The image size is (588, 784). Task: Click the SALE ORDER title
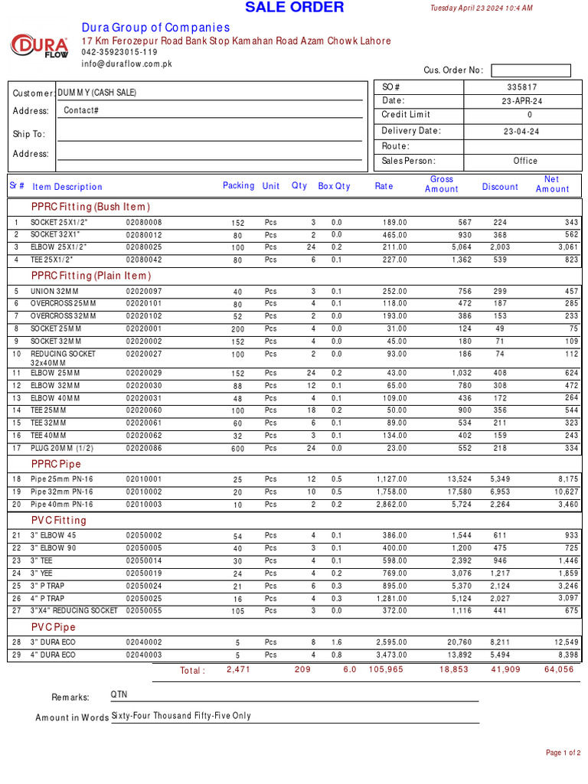[294, 8]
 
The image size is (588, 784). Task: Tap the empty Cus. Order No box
[531, 70]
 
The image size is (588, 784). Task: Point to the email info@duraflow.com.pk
[127, 64]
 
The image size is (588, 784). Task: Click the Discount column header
[500, 187]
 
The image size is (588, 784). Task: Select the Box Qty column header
[334, 186]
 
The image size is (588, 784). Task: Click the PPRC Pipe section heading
[56, 464]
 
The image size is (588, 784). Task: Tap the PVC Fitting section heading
[59, 520]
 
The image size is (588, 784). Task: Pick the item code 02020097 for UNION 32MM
[144, 292]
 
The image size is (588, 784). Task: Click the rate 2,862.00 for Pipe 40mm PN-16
[391, 505]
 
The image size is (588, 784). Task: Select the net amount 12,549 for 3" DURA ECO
[567, 642]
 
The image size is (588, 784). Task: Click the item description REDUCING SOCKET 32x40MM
[63, 358]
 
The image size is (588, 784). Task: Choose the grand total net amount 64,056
[559, 670]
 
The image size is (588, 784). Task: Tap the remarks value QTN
[119, 694]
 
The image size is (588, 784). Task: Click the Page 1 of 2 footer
[563, 753]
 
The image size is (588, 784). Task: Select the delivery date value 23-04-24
[521, 132]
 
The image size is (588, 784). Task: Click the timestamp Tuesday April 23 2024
[481, 8]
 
